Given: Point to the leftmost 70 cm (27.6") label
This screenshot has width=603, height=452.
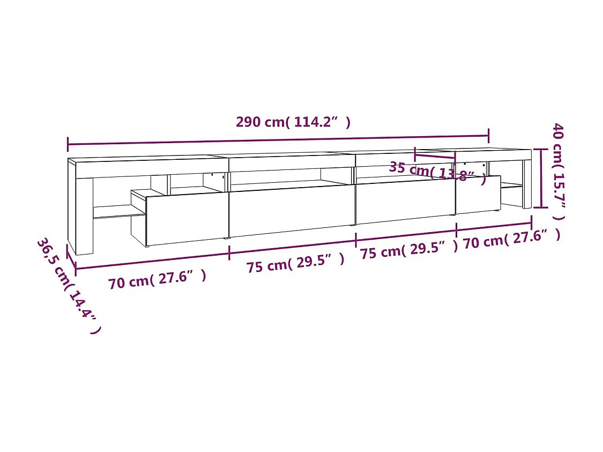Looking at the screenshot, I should (157, 279).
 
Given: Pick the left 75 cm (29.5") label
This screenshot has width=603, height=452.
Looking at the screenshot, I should (295, 263).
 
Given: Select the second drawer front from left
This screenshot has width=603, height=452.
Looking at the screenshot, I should (292, 211).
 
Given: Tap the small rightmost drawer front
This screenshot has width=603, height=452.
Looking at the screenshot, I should (478, 194).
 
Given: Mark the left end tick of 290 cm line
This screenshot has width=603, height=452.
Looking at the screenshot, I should (68, 144).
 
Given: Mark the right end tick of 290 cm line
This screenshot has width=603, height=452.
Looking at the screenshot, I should (488, 136).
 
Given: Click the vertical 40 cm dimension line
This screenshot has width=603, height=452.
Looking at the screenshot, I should (542, 179).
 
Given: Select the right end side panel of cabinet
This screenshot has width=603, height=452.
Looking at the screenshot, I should (527, 182).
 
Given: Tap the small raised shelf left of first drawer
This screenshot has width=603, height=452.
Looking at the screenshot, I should (138, 194).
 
